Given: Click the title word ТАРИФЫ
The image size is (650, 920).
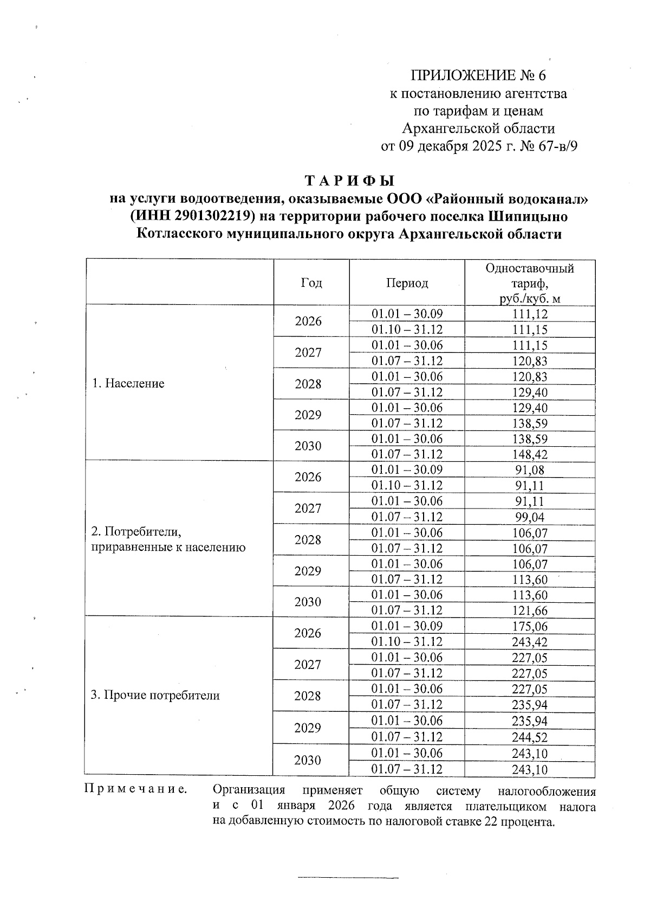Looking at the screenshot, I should (349, 181).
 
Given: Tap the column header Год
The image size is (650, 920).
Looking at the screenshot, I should (311, 283).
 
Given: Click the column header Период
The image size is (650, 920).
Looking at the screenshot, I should (407, 283).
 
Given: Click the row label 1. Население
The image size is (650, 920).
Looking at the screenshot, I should (128, 384).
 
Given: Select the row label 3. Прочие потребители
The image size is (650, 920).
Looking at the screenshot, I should (155, 696).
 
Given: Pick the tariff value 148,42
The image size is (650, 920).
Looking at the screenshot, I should (529, 455).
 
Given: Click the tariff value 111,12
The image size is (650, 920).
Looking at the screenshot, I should (529, 314).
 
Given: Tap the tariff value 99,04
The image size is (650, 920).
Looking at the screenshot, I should (529, 517).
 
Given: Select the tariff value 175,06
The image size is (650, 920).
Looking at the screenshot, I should (529, 627).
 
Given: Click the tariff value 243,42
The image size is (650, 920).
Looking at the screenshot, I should (529, 642).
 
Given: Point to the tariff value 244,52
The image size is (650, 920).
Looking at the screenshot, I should (529, 737).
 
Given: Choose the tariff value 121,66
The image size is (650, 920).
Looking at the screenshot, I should (529, 611).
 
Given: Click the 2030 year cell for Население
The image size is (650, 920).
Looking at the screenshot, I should (308, 446).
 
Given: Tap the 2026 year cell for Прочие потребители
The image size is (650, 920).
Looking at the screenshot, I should (308, 634).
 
